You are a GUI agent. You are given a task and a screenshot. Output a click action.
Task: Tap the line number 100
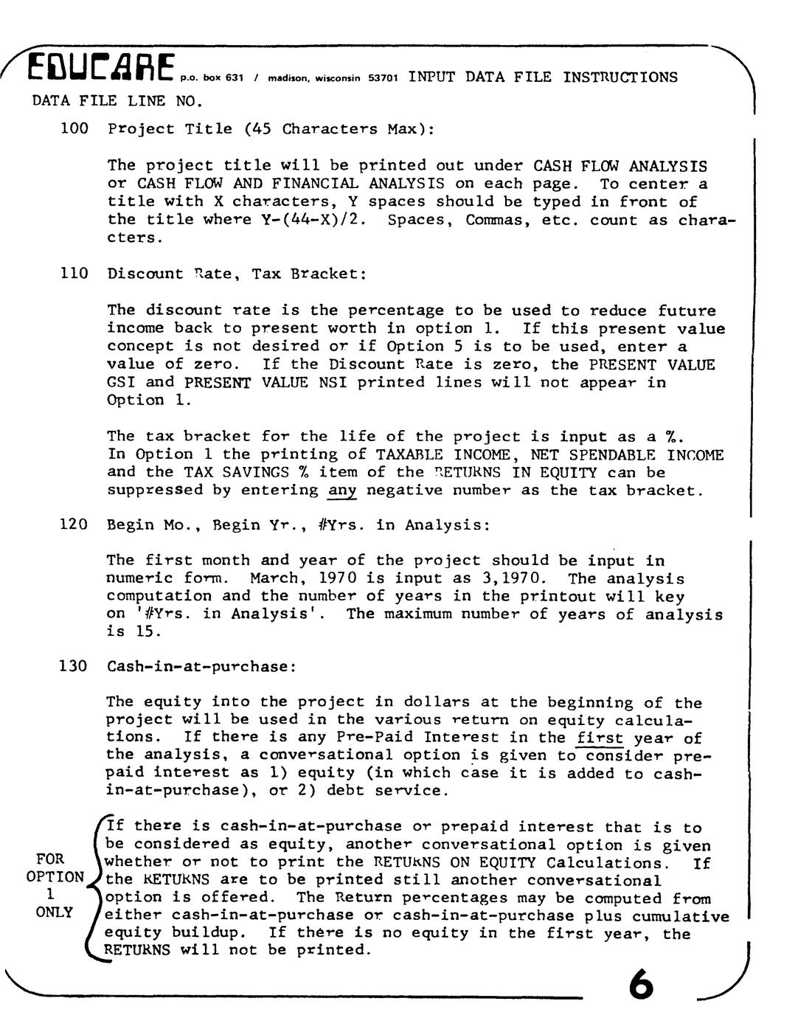74,129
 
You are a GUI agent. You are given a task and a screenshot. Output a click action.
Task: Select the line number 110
74,274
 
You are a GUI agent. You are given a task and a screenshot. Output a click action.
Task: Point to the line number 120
74,524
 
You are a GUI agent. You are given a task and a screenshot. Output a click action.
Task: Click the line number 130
74,666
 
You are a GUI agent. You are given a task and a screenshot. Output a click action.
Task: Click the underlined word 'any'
342,491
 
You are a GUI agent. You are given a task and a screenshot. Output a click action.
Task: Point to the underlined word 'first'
600,738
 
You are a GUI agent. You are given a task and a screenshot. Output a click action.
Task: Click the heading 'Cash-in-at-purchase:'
201,666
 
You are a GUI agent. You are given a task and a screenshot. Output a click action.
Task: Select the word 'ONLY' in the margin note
55,913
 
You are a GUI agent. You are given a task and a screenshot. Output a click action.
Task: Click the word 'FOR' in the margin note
50,859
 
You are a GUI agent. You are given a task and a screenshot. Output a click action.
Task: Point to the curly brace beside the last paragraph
94,885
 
